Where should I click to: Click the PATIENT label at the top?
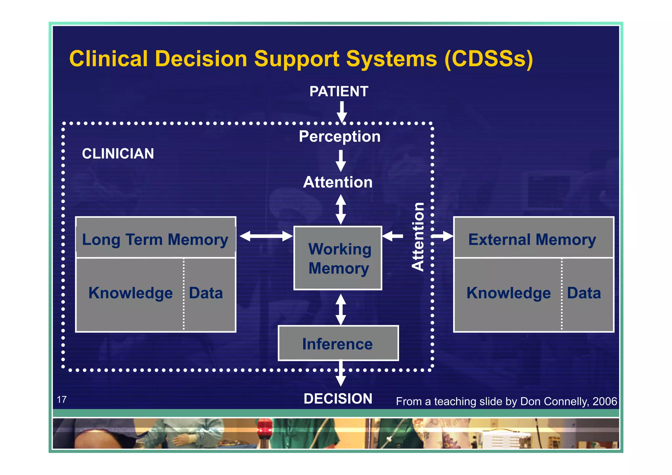339,92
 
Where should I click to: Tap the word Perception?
340,136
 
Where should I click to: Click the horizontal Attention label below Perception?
338,182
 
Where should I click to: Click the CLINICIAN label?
118,154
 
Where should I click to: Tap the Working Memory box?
338,258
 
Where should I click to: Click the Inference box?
338,343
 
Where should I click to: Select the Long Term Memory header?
155,239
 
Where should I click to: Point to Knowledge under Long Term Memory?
131,293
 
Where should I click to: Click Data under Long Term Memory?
206,293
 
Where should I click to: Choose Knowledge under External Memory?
509,293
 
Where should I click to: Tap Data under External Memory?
584,293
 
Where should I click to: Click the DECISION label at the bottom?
338,399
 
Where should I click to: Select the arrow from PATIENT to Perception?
342,112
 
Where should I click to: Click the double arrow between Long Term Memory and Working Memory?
266,236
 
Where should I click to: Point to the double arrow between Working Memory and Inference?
341,309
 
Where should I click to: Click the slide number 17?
62,400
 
